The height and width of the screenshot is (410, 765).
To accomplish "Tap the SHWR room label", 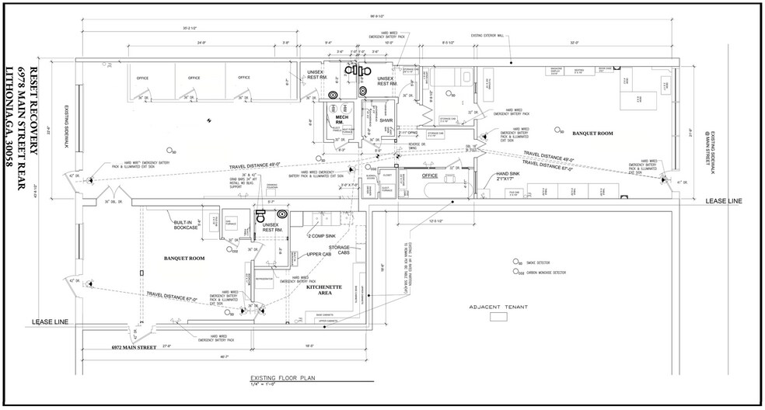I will pos(386,120).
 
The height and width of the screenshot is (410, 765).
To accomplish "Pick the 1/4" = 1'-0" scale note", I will pos(263,380).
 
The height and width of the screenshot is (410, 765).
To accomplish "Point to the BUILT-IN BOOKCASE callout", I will pos(188,224).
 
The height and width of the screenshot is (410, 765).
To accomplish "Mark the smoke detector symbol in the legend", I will pos(515,262).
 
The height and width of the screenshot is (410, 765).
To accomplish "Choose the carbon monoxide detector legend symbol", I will pos(515,273).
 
